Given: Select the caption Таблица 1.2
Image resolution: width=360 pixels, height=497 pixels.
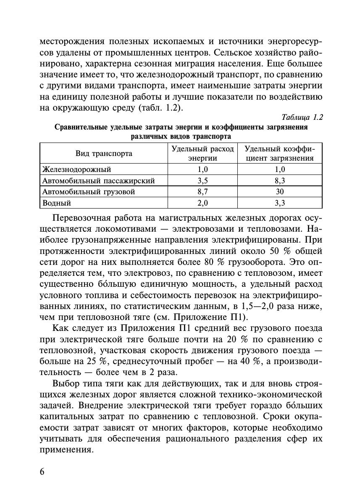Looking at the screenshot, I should tap(302, 117).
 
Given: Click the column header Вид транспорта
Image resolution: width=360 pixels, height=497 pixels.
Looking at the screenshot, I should tap(104, 153).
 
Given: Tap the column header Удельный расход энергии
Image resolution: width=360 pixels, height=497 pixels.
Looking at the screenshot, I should tap(202, 153).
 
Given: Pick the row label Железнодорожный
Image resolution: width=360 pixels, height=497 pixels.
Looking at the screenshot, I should tap(77, 169).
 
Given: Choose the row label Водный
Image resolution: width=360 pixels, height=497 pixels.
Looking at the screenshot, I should tap(57, 203).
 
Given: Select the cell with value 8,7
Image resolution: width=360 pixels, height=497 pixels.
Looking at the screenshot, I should tap(202, 192).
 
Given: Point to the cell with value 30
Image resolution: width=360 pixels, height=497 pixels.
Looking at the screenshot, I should tap(280, 192).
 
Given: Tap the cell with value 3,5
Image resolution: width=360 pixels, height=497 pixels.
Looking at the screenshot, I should tap(202, 181).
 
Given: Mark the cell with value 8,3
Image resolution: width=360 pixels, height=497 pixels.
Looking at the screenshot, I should tap(280, 181).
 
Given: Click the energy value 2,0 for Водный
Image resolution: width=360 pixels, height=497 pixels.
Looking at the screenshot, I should tap(202, 203).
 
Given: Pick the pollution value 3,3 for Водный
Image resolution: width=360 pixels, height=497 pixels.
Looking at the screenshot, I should tap(280, 203).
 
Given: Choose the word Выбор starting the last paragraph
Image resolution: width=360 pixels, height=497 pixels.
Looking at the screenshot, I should tap(67, 383).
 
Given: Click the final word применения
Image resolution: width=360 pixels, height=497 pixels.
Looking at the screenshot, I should tap(66, 449).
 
